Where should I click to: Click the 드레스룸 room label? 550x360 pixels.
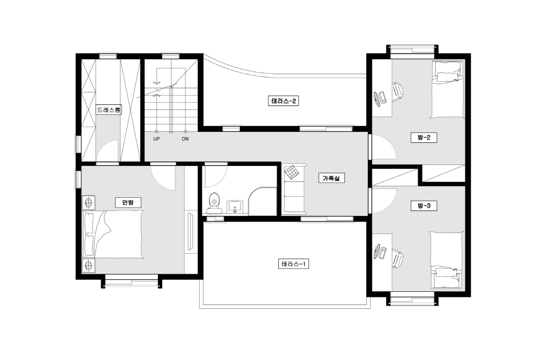point(109,110)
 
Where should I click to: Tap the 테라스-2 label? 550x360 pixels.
point(283,101)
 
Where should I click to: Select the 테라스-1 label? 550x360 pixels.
point(294,264)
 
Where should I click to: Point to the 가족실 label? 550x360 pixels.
point(332,178)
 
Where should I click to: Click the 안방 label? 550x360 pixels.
point(128,203)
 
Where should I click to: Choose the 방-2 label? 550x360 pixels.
point(424,137)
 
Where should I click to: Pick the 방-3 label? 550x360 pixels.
point(424,206)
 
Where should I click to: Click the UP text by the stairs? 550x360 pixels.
point(156,139)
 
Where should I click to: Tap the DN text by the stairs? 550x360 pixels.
point(185,139)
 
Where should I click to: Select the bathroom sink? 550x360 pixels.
point(235,207)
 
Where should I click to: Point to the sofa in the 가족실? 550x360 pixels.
point(294,189)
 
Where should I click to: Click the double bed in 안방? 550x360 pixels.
point(113,235)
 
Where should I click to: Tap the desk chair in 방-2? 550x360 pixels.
point(398,92)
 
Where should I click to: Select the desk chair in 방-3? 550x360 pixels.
point(398,258)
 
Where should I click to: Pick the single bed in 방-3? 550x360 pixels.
point(447,260)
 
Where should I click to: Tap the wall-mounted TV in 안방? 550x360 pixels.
point(190,231)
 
